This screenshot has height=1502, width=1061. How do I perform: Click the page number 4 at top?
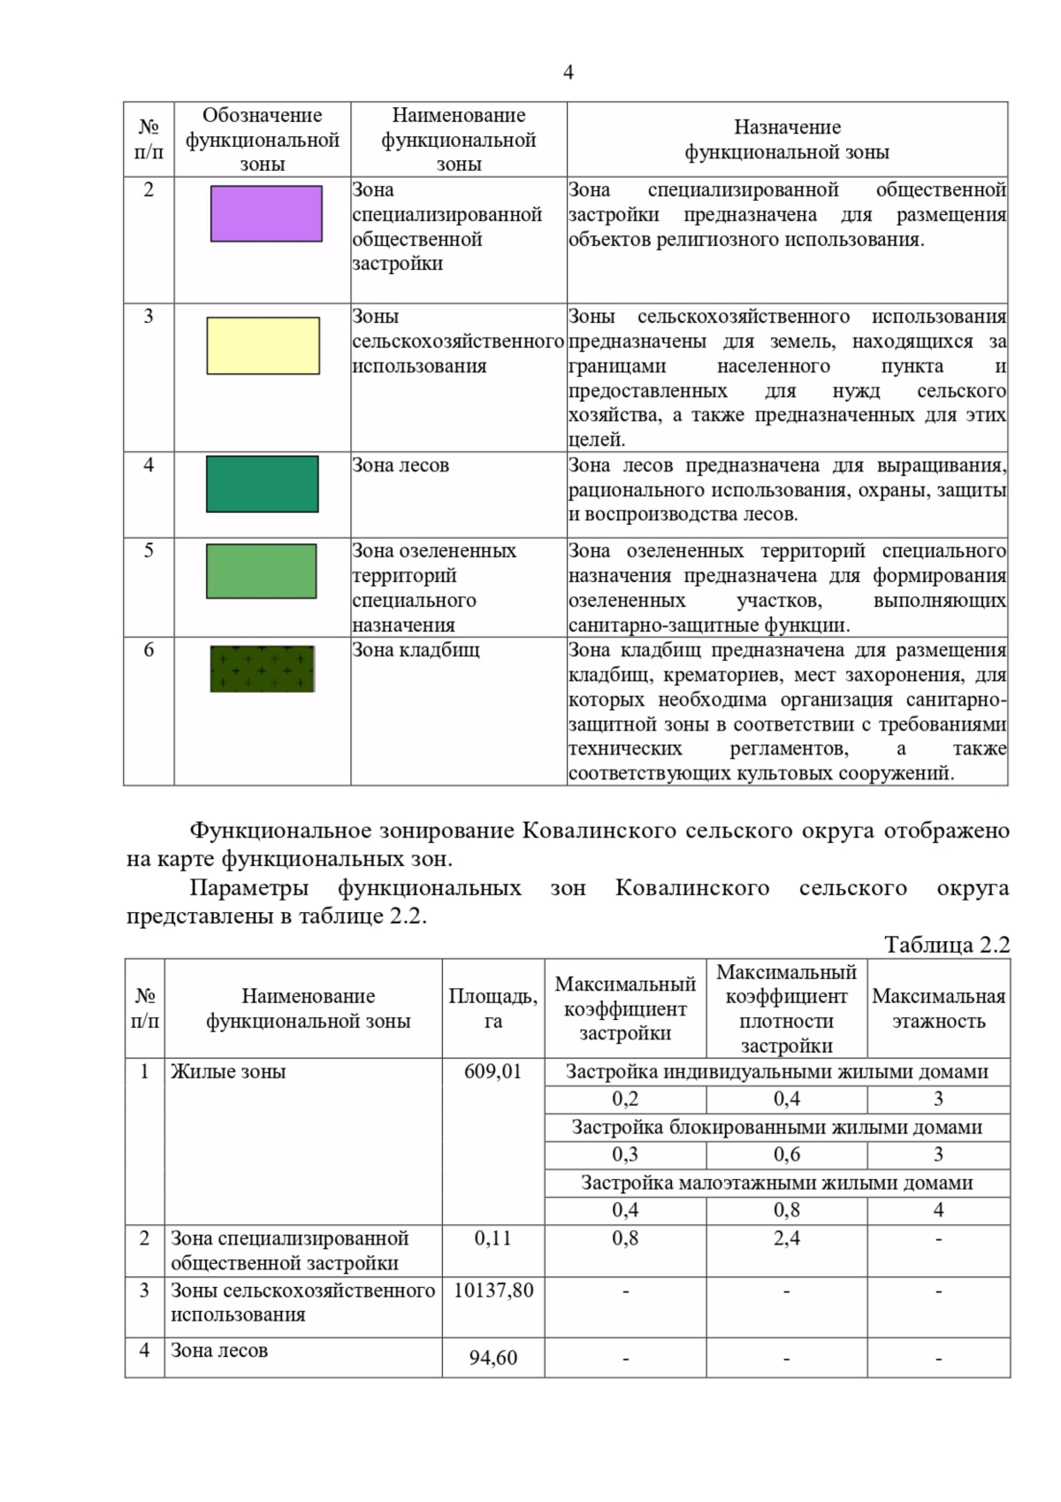click(x=568, y=73)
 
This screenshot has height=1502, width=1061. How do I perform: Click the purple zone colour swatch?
click(x=266, y=214)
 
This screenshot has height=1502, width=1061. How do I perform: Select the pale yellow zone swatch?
click(x=263, y=346)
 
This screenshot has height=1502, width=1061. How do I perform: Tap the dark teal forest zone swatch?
click(x=263, y=484)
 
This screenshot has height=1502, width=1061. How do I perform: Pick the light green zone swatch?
click(x=262, y=571)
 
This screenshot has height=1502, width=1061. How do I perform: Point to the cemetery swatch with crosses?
click(x=263, y=669)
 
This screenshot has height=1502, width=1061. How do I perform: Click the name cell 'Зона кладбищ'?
click(x=416, y=650)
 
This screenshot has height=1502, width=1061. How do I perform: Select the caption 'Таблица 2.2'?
click(x=946, y=945)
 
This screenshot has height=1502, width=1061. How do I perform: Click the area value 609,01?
click(x=492, y=1072)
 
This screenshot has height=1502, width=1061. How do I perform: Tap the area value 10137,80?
click(x=493, y=1291)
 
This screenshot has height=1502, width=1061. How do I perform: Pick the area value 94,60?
click(x=493, y=1358)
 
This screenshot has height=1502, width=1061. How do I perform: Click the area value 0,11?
click(x=492, y=1238)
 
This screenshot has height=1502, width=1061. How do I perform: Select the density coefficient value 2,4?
click(x=786, y=1238)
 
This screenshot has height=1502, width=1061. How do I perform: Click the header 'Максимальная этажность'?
click(x=938, y=1008)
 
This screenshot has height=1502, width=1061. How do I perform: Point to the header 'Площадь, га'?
click(x=492, y=1008)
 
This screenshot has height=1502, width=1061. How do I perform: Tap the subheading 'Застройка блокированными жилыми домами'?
click(x=777, y=1128)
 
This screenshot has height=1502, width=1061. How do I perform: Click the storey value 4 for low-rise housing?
click(x=938, y=1210)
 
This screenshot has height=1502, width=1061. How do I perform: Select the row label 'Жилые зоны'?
click(x=228, y=1072)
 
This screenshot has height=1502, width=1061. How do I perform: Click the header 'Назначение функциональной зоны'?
click(x=787, y=140)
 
